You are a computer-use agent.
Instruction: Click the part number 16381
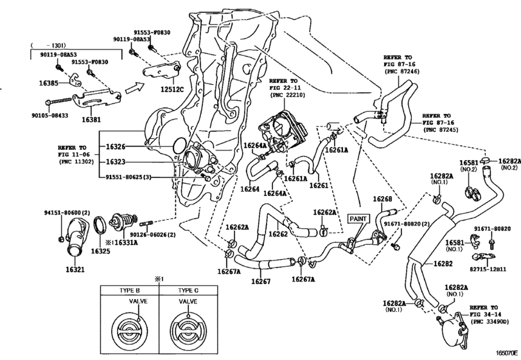(x=91, y=120)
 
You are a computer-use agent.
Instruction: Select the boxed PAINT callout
(x=358, y=219)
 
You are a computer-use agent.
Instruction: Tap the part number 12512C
(x=172, y=89)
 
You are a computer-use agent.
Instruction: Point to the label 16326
(x=116, y=147)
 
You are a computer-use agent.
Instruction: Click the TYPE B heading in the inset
(x=130, y=290)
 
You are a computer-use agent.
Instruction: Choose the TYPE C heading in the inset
(x=188, y=290)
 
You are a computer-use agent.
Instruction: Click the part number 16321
(x=75, y=269)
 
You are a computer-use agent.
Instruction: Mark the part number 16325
(x=100, y=251)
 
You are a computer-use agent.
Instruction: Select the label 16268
(x=382, y=199)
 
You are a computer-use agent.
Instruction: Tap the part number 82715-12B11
(x=490, y=269)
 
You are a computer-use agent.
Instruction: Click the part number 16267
(x=261, y=282)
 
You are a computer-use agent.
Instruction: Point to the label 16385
(x=49, y=83)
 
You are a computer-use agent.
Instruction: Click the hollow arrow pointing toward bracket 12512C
(x=134, y=89)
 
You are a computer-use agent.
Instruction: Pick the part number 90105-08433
(x=50, y=116)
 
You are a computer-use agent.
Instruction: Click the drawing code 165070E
(x=507, y=353)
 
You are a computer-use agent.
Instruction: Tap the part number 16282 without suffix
(x=443, y=264)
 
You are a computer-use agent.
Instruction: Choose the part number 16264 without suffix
(x=249, y=189)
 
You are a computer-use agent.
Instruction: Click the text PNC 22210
(x=288, y=95)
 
